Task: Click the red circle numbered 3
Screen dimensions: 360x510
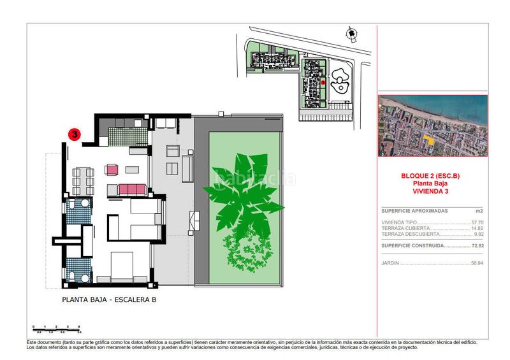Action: [75, 134]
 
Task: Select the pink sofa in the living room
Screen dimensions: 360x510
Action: [133, 189]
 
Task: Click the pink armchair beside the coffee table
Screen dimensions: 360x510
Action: [113, 169]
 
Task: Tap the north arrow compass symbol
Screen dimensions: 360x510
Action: [350, 33]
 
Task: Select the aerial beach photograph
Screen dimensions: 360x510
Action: [432, 126]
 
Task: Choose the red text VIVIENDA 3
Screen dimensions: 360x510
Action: [432, 190]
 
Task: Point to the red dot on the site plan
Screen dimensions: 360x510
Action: [323, 82]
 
